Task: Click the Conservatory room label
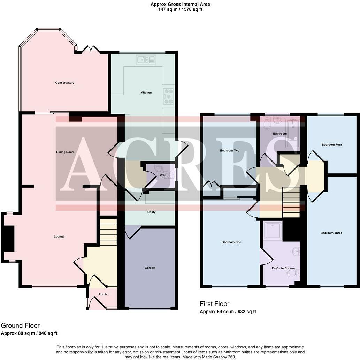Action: click(64, 83)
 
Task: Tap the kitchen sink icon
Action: click(146, 60)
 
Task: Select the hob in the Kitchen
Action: click(169, 96)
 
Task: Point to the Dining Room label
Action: click(65, 152)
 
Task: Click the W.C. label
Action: click(163, 175)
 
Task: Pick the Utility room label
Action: click(151, 212)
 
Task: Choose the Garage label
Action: click(150, 268)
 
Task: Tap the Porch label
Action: click(102, 294)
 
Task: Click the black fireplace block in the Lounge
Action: click(9, 238)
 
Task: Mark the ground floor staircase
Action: click(109, 232)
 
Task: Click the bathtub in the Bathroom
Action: click(292, 133)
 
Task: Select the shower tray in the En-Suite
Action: click(273, 230)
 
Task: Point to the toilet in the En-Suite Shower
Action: click(293, 273)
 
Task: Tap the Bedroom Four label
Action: click(332, 145)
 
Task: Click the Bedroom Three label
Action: click(331, 233)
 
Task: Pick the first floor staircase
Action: click(291, 202)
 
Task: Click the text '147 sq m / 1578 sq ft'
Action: click(180, 9)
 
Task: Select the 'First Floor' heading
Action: click(214, 304)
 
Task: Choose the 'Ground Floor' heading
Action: click(20, 325)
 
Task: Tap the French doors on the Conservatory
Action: click(91, 49)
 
